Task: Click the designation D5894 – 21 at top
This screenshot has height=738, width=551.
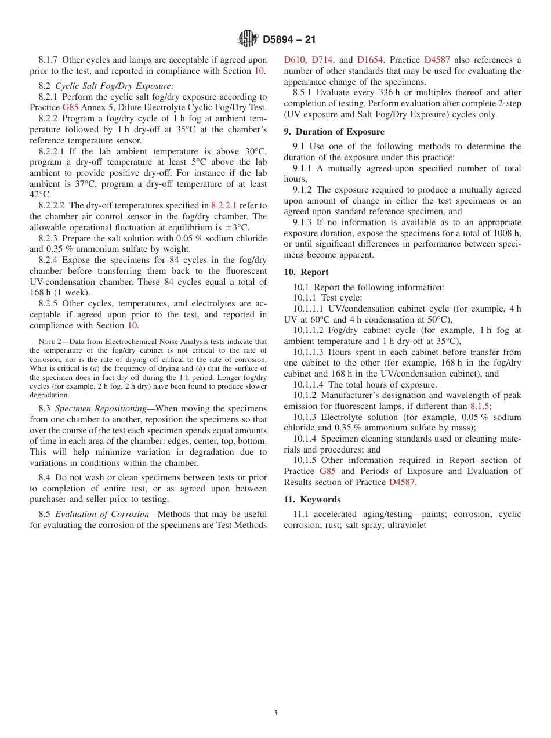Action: tap(289, 39)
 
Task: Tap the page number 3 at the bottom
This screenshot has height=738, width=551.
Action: tap(275, 712)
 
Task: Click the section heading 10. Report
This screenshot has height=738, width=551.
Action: tap(306, 272)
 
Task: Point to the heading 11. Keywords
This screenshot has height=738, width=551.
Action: tap(312, 500)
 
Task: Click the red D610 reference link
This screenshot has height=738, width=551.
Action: tap(294, 60)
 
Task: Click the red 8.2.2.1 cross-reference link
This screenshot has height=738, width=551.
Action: tap(224, 205)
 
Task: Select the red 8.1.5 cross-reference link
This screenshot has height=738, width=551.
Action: tap(480, 406)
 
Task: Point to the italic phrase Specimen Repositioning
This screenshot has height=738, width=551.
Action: tap(101, 408)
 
